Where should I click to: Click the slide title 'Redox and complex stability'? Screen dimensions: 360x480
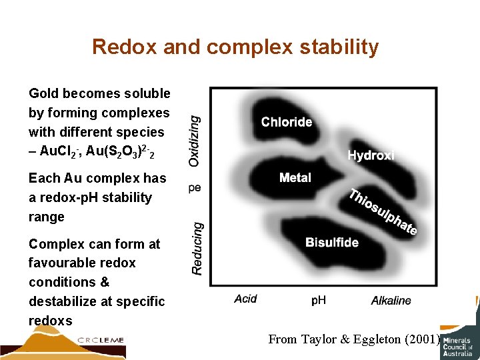(235, 47)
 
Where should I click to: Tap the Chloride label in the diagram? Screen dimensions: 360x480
(286, 122)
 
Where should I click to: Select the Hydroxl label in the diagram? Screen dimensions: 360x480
(371, 155)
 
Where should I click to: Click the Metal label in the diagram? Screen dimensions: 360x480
(295, 178)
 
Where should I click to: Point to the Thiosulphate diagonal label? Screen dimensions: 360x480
(383, 213)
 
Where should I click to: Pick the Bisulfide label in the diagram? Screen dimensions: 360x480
(331, 243)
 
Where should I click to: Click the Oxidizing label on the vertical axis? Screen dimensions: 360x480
(194, 140)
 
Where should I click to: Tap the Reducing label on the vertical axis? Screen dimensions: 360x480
(197, 247)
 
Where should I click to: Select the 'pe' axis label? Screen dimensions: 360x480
(194, 188)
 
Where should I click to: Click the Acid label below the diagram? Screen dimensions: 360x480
(245, 299)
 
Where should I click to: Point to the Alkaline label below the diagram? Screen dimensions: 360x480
(391, 301)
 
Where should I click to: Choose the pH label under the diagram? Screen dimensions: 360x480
(319, 301)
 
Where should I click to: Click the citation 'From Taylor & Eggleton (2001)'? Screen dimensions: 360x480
(354, 339)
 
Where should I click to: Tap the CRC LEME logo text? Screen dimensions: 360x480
(101, 340)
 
